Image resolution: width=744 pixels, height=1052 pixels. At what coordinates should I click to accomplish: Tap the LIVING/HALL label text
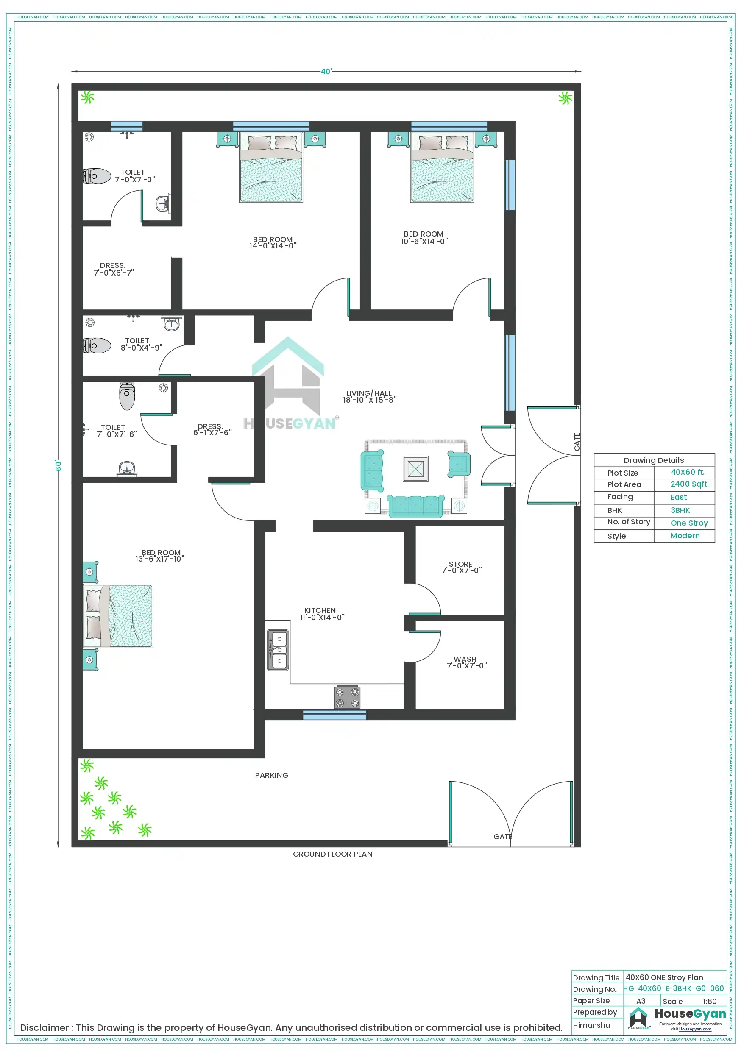click(369, 394)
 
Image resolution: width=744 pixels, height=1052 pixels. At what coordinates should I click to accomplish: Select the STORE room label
click(460, 565)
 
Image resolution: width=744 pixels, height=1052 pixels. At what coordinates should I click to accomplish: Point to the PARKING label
click(272, 775)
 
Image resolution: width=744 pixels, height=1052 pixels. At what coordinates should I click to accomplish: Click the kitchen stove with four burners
click(347, 698)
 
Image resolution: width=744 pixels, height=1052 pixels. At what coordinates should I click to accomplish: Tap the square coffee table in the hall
click(415, 469)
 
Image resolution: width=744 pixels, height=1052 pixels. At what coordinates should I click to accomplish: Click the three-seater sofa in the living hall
click(416, 506)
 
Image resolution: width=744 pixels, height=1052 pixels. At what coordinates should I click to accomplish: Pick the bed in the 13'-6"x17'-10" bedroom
click(118, 616)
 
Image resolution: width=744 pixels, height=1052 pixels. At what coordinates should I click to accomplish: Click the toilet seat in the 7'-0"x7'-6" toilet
click(127, 396)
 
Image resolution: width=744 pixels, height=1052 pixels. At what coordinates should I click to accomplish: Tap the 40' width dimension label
click(326, 72)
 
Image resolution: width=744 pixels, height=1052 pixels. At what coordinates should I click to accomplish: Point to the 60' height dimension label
click(59, 465)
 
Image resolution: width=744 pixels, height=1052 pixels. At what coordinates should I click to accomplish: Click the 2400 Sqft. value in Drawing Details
click(689, 484)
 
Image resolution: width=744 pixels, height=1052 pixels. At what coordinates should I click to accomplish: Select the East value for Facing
click(678, 497)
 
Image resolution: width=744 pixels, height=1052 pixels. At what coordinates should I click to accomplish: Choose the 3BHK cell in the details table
click(680, 510)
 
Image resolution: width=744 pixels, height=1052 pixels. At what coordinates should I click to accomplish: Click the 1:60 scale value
click(709, 1002)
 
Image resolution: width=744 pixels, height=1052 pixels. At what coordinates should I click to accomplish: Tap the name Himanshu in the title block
click(591, 1025)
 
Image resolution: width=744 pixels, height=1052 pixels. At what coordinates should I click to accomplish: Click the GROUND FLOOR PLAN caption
click(332, 854)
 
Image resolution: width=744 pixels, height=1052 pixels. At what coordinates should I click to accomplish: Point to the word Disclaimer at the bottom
click(45, 1028)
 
